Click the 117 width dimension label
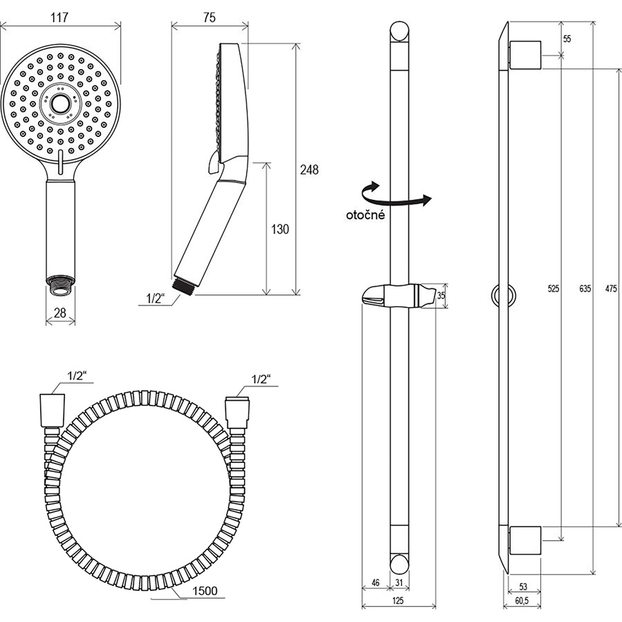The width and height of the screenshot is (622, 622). click(x=59, y=17)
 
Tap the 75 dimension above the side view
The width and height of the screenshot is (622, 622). click(x=209, y=17)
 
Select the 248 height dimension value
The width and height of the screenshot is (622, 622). click(x=309, y=170)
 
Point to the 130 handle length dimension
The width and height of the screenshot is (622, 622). click(x=280, y=229)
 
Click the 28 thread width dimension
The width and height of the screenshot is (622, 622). click(x=60, y=313)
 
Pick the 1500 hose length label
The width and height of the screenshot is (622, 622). click(x=205, y=591)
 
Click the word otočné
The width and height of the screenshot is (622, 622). click(x=366, y=215)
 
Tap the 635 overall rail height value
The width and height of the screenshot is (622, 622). click(x=585, y=288)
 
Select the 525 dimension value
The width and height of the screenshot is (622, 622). click(x=554, y=288)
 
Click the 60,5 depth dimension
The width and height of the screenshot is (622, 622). click(x=522, y=601)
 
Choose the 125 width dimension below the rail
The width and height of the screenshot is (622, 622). click(x=397, y=601)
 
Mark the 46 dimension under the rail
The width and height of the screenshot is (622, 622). click(x=375, y=583)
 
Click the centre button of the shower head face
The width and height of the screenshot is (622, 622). click(x=60, y=104)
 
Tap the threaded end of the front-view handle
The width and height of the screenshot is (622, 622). click(x=60, y=285)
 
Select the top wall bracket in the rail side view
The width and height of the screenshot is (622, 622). click(x=525, y=55)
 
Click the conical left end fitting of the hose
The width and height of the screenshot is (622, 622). click(x=52, y=411)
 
